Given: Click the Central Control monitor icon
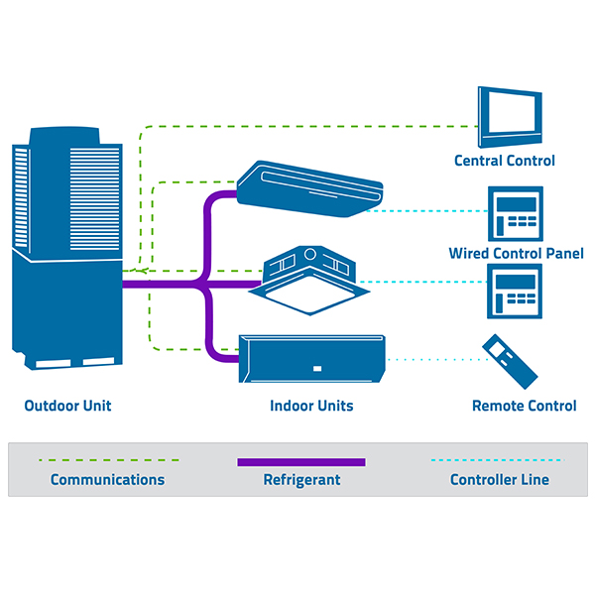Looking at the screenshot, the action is [x=510, y=117].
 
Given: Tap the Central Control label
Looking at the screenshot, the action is [x=505, y=161].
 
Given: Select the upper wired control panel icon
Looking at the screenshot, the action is [x=516, y=213].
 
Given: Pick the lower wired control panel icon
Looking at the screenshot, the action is [x=515, y=291].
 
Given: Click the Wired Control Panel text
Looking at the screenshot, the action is [x=516, y=254].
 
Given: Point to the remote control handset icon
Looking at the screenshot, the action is [x=510, y=361].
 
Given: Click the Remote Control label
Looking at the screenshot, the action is [x=524, y=406].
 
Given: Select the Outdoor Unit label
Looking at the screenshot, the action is [x=67, y=406].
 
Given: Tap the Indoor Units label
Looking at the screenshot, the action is [x=311, y=406].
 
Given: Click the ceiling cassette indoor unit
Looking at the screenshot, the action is [x=309, y=280].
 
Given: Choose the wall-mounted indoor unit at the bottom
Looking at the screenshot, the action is [x=312, y=359].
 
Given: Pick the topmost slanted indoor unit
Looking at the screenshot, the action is [x=309, y=188].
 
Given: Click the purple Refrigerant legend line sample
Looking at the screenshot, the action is [x=301, y=462].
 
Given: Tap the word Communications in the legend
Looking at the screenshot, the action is [x=107, y=480].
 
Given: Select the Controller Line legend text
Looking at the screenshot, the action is [x=500, y=480].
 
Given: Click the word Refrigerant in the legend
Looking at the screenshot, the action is [x=301, y=480].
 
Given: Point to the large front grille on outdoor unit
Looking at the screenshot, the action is [x=95, y=199].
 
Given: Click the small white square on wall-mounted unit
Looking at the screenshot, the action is [x=317, y=369].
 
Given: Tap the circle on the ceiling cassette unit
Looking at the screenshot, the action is [x=310, y=254].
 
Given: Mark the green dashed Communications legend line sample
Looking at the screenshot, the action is [x=109, y=460].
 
